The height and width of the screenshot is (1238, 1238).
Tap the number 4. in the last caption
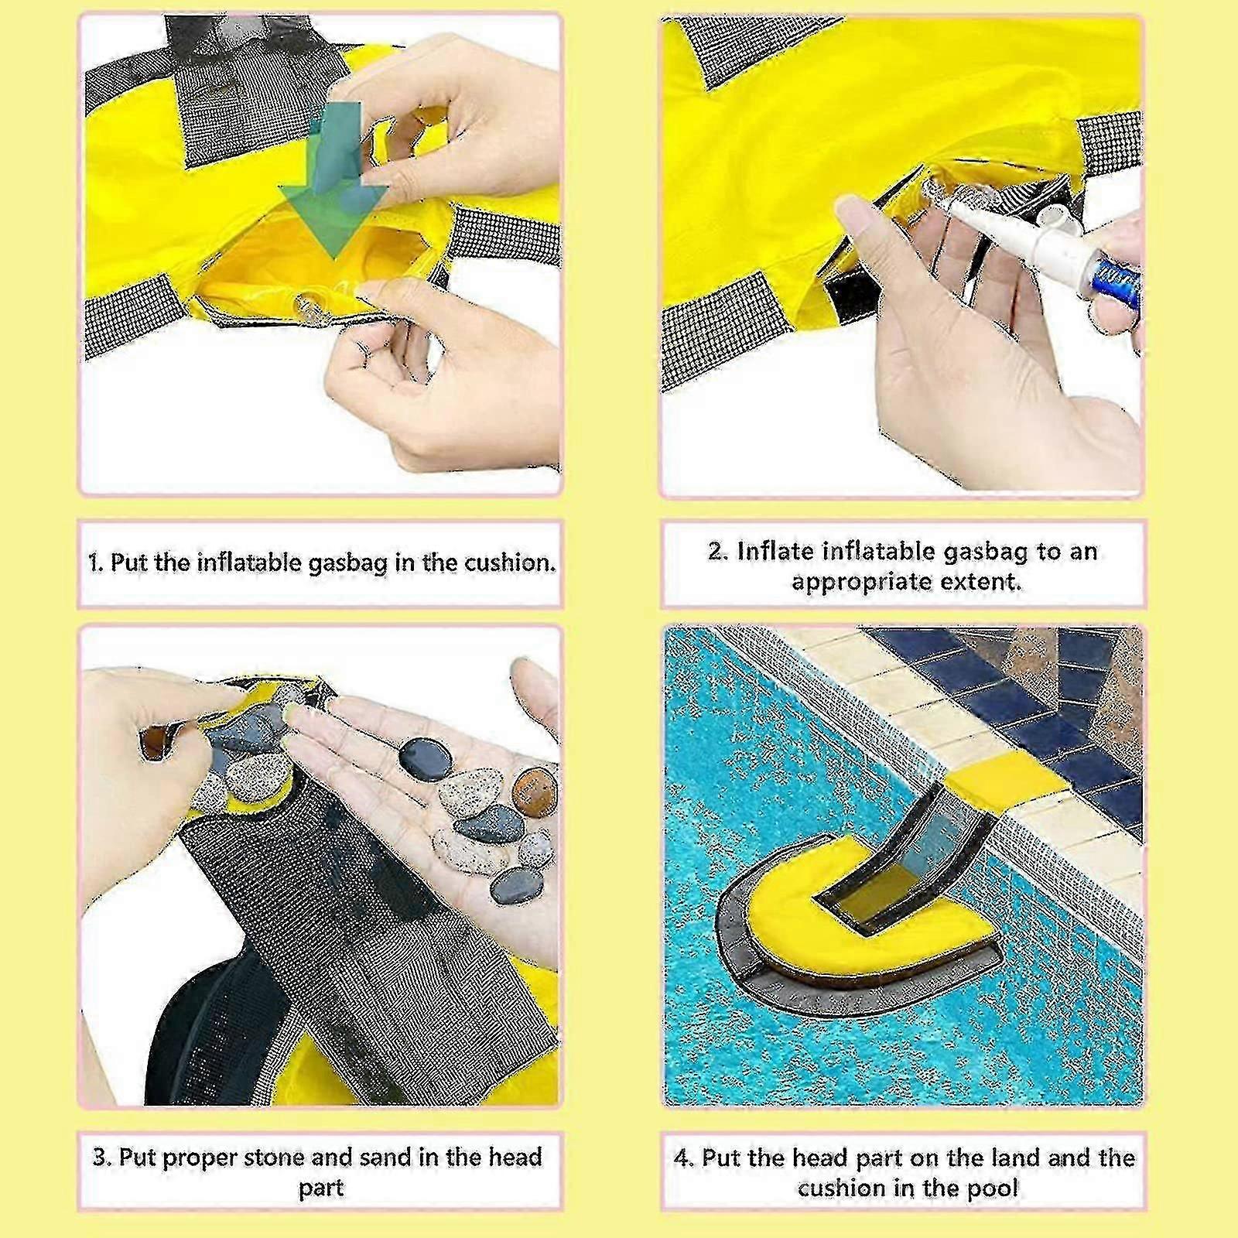pyautogui.click(x=684, y=1158)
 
